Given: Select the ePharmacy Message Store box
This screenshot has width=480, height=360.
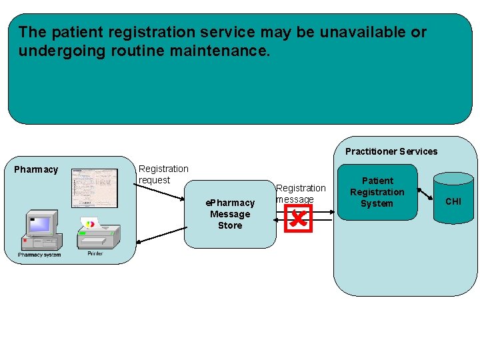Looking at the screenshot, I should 230,214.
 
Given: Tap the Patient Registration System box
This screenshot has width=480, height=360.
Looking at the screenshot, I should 377,192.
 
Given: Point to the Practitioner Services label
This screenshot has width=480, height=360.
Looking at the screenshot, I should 391,151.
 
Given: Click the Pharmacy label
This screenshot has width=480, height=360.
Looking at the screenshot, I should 36,169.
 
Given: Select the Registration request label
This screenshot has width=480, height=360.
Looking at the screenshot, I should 163,175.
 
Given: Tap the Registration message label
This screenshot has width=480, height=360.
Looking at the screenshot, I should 301,193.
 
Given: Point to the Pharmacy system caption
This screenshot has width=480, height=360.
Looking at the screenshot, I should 39,255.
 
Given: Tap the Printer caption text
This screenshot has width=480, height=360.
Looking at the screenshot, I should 95,254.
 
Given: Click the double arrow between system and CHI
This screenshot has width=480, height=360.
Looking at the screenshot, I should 425,194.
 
